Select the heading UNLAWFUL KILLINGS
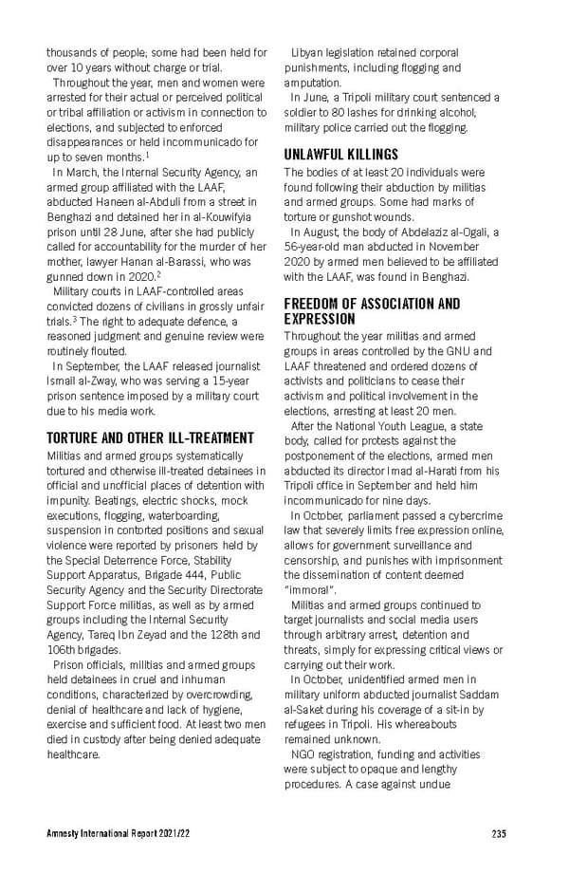[340, 154]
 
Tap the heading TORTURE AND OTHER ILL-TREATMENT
[150, 437]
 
